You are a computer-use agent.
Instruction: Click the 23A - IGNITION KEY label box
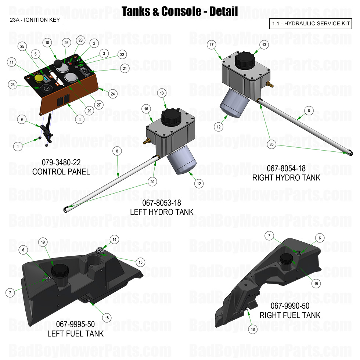[36, 20]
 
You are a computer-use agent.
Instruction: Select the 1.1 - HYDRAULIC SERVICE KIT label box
[311, 24]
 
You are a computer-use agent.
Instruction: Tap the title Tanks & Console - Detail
[180, 11]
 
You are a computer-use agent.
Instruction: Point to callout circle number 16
[146, 109]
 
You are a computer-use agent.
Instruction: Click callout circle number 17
[212, 45]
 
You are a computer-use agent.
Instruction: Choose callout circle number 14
[115, 240]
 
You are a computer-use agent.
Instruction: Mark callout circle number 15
[140, 262]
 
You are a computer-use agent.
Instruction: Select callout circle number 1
[17, 146]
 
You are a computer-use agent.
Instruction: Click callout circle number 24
[113, 94]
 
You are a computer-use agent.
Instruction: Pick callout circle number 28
[80, 40]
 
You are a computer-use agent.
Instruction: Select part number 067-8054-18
[286, 169]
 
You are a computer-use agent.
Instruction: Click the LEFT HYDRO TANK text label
[162, 212]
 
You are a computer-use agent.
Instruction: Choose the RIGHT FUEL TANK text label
[290, 315]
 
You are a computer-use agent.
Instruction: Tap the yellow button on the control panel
[38, 78]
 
